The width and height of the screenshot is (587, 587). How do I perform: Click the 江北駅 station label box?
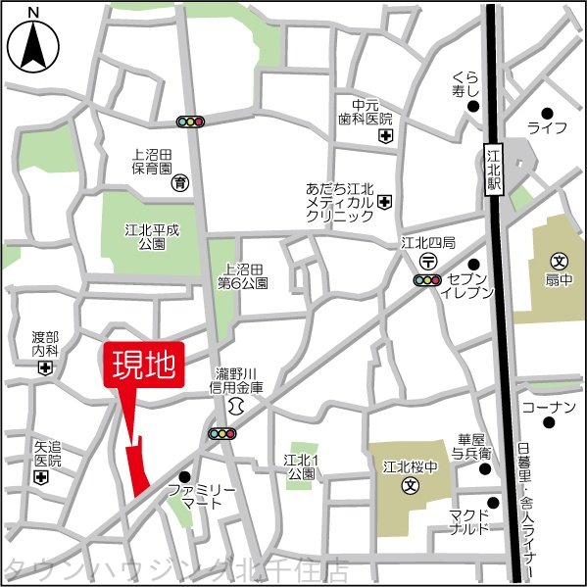(493, 171)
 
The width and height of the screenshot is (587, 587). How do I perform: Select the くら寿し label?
(465, 86)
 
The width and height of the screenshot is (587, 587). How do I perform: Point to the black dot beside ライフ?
(547, 113)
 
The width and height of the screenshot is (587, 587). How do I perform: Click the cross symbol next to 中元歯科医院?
(386, 135)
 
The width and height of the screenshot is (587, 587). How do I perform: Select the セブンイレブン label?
(460, 285)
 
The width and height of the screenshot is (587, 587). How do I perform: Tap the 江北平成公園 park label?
(145, 235)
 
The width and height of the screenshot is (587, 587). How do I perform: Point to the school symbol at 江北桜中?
(413, 485)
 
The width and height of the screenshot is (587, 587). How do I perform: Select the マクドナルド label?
(469, 522)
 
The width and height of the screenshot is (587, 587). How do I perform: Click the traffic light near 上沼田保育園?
(190, 122)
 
